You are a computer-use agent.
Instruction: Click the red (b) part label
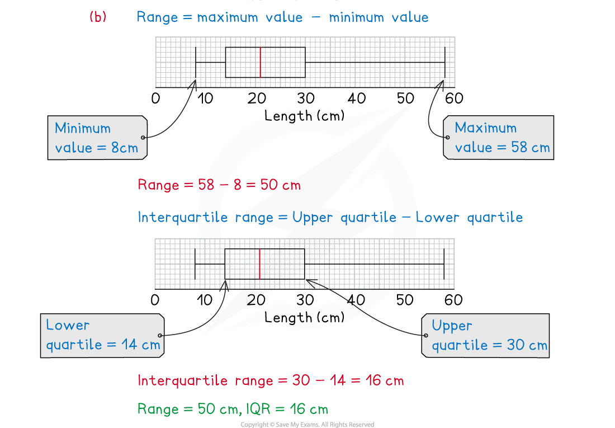pyautogui.click(x=97, y=17)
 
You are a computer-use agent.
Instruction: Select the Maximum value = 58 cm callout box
pyautogui.click(x=499, y=138)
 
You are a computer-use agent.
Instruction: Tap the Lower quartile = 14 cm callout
pyautogui.click(x=103, y=335)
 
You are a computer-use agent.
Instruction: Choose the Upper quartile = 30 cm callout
pyautogui.click(x=485, y=335)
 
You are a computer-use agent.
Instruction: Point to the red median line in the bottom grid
pyautogui.click(x=260, y=263)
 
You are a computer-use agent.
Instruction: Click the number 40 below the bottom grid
pyautogui.click(x=356, y=300)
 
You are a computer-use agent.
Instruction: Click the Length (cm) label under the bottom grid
pyautogui.click(x=305, y=317)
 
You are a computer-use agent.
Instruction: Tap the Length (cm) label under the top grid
pyautogui.click(x=305, y=116)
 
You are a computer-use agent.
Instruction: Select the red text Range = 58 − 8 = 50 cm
pyautogui.click(x=219, y=185)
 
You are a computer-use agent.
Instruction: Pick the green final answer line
pyautogui.click(x=233, y=409)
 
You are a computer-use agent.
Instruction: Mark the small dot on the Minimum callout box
pyautogui.click(x=143, y=138)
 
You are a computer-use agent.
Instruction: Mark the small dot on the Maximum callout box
pyautogui.click(x=447, y=138)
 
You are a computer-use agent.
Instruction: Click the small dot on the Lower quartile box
pyautogui.click(x=160, y=336)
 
